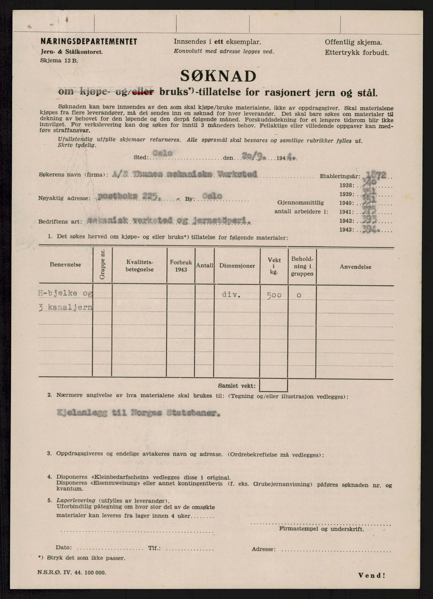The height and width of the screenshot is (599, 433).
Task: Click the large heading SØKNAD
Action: coord(218,77)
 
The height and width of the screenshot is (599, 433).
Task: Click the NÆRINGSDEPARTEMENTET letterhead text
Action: coord(89,42)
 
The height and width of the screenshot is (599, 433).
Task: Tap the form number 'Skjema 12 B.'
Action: coord(59,61)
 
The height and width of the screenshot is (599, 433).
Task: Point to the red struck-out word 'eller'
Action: coord(143,92)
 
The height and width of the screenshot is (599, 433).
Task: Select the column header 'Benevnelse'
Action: coord(65,264)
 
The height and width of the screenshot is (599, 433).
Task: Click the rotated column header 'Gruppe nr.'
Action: coord(102,265)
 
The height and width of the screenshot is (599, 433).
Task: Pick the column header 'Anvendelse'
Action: coord(355,267)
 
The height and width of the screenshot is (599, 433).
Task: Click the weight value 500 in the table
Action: coord(274,295)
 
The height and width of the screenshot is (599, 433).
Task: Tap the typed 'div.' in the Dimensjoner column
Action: coord(231,295)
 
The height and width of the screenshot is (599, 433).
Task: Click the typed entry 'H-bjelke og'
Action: coord(66,294)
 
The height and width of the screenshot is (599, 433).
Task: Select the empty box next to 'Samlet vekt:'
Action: coord(273,385)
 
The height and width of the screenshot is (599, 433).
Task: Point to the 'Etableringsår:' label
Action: coord(340,176)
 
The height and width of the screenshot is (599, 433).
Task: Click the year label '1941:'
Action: coord(346,212)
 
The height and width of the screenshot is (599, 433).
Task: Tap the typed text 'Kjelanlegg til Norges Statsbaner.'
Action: coord(138,413)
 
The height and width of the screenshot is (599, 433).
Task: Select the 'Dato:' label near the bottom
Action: coord(63,548)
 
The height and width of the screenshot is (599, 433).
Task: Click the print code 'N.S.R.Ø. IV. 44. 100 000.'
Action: coord(72,572)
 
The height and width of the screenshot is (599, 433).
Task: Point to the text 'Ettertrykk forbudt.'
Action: coord(357,53)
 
